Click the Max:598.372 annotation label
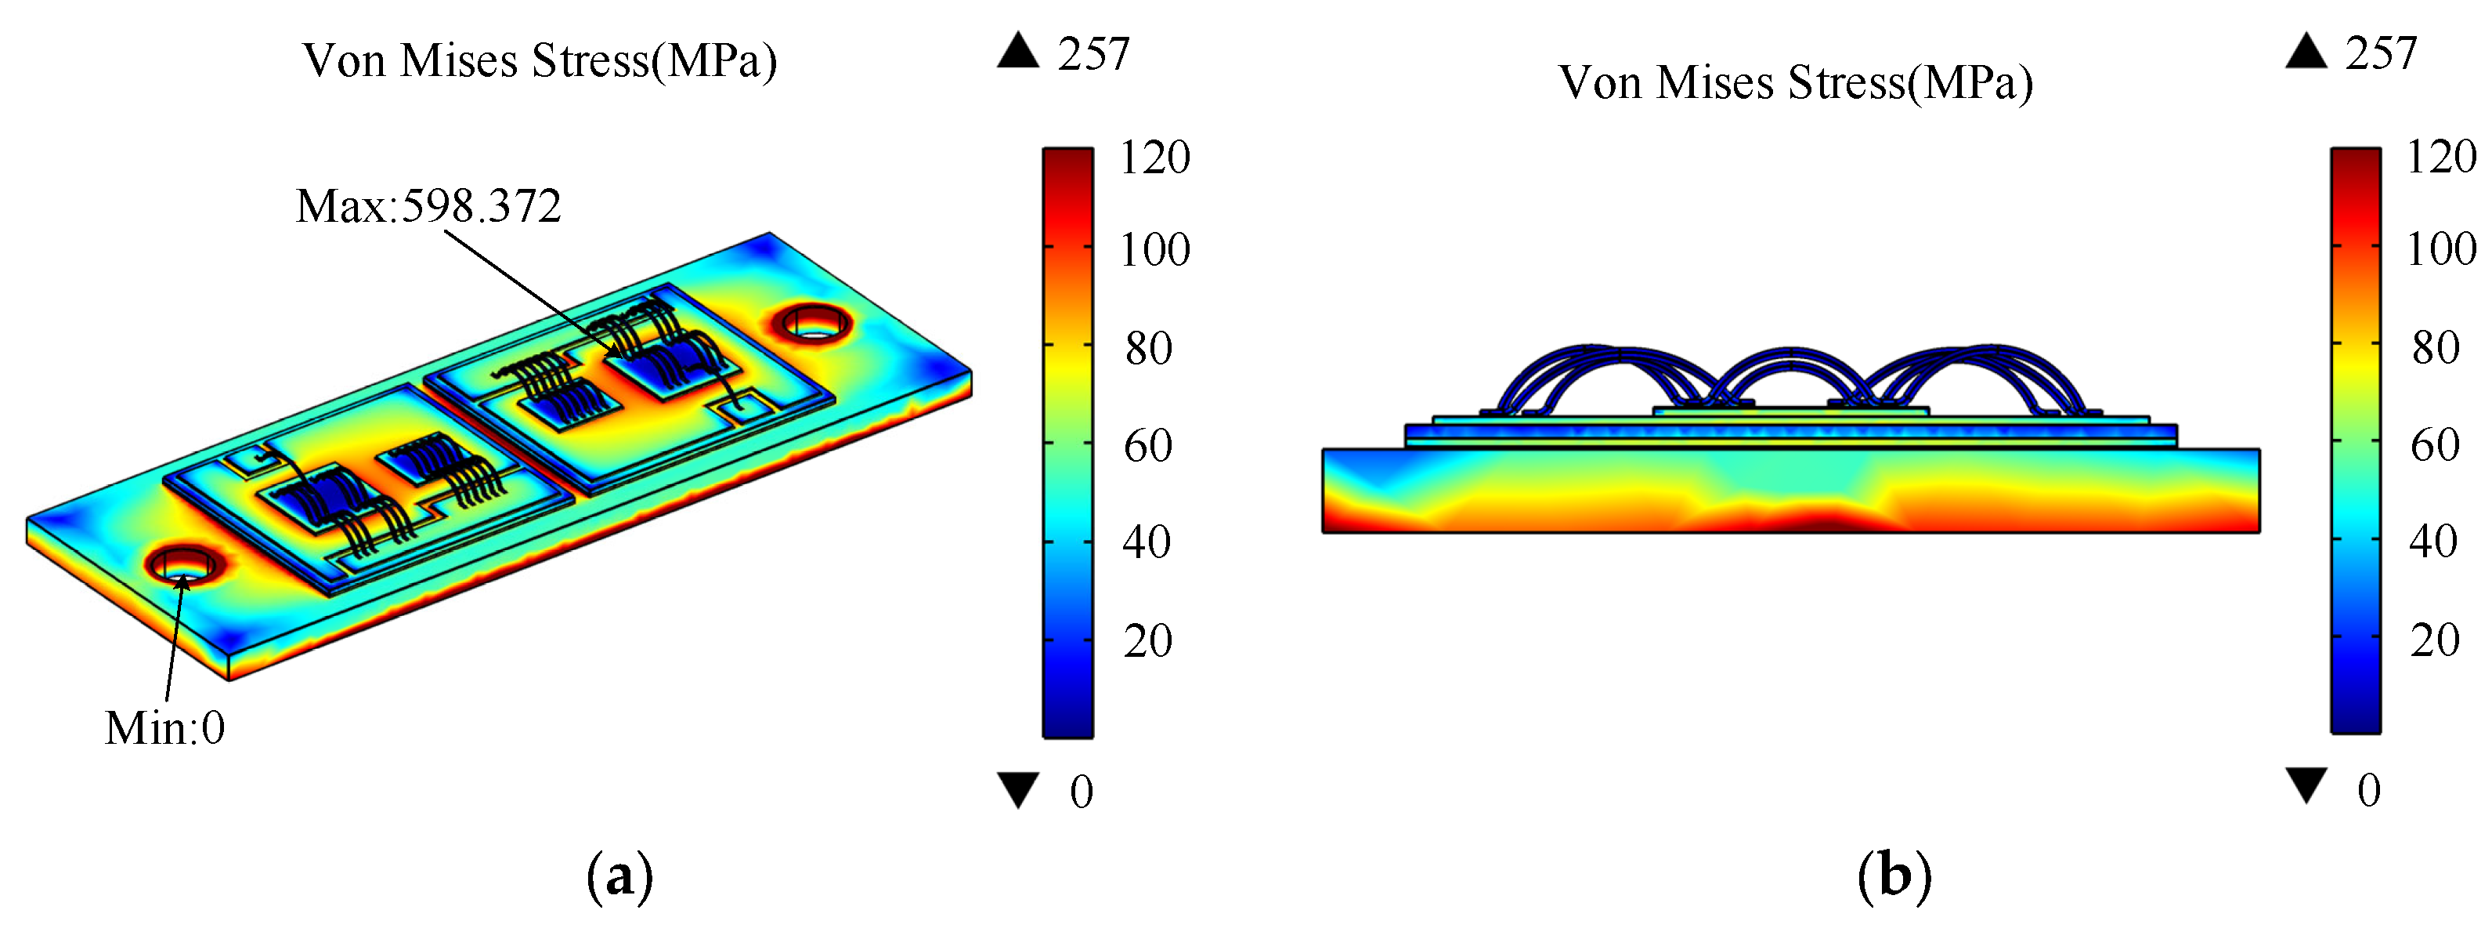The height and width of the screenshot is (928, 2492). pos(428,206)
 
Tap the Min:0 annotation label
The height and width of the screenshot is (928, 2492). pos(164,727)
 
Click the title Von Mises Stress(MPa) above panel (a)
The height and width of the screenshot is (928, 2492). pos(540,61)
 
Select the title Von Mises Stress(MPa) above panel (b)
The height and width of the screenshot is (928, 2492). pos(1796,82)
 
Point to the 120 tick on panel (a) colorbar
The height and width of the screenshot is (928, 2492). pos(1155,157)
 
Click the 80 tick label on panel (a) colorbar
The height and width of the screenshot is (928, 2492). pos(1148,347)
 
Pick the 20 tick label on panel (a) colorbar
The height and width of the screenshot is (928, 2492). pos(1147,640)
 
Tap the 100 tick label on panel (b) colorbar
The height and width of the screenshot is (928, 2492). pos(2441,250)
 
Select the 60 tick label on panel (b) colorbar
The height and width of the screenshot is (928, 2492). pos(2435,444)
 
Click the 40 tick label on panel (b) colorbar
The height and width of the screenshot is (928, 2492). pos(2433,541)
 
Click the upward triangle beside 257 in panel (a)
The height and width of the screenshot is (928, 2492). pos(1019,50)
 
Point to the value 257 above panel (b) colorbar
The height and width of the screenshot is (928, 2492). pos(2381,53)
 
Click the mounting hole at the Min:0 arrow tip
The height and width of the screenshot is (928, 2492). pos(181,565)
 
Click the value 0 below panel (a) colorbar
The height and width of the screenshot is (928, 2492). pos(1082,792)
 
